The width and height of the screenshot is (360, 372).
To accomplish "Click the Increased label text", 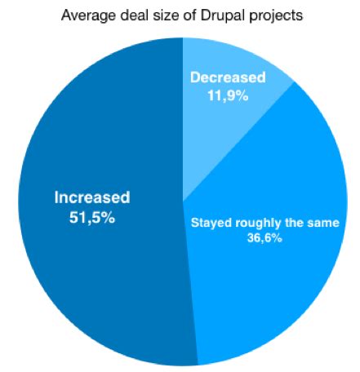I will point(91,198).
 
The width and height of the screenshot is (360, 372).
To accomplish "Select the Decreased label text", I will point(228,78).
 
